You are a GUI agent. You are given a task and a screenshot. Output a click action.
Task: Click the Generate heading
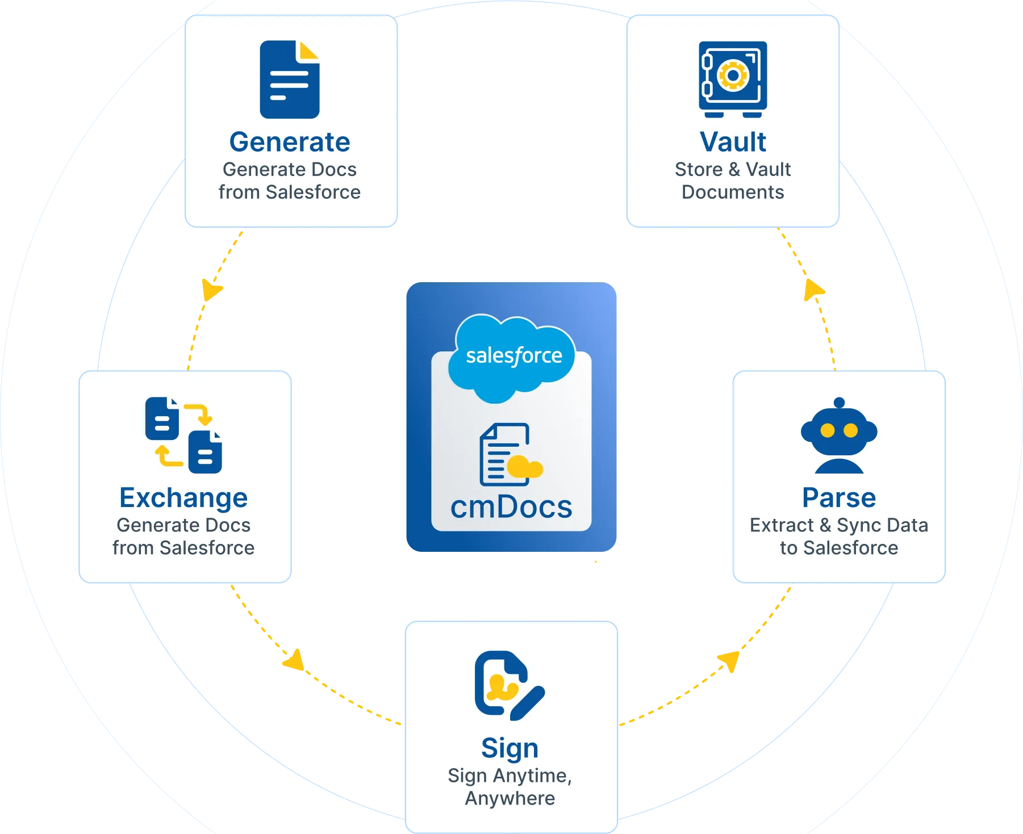290,142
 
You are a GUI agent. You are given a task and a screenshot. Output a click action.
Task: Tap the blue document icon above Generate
289,79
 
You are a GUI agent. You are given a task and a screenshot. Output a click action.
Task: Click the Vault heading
733,142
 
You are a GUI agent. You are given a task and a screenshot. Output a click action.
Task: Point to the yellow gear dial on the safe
733,76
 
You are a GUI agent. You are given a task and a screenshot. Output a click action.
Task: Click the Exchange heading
183,498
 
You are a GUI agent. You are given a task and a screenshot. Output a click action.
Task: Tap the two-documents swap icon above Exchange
183,435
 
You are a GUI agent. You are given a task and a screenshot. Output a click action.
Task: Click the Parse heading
839,498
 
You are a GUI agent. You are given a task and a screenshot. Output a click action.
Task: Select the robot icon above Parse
839,436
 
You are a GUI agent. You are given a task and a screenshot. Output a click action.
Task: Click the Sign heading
510,748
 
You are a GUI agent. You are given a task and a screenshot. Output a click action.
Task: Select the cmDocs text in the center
511,507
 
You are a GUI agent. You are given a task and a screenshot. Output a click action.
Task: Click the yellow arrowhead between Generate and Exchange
211,290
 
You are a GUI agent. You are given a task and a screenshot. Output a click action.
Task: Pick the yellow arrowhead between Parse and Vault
813,290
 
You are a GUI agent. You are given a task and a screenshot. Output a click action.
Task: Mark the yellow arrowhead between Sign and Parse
728,661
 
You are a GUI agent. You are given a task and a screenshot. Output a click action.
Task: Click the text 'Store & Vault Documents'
733,181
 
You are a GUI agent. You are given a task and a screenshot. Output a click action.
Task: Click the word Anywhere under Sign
510,798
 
